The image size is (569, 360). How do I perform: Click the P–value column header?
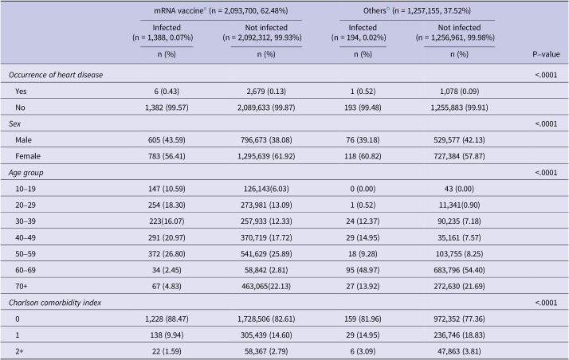546,54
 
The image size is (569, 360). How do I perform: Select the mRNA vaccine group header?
221,11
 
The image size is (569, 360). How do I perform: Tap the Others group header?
417,11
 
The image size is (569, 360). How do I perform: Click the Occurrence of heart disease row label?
56,75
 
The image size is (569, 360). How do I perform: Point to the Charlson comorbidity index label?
55,303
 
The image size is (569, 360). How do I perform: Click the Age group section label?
26,173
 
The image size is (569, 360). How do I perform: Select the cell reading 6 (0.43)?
167,91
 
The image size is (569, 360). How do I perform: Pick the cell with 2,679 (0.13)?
266,91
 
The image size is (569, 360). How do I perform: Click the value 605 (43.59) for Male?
167,139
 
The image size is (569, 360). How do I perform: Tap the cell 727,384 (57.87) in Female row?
459,156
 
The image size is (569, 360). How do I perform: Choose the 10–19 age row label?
26,189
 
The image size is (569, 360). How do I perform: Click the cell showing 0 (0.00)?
363,189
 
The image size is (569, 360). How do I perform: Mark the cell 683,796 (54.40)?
459,270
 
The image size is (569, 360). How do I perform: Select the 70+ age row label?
21,286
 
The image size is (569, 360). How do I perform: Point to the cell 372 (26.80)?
167,253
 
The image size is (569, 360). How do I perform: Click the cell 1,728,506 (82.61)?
266,319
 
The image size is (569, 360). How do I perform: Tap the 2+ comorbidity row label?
19,351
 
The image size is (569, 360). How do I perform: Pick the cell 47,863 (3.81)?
459,351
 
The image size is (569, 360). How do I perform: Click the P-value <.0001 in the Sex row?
546,123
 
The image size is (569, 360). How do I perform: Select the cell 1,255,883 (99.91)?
459,108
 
